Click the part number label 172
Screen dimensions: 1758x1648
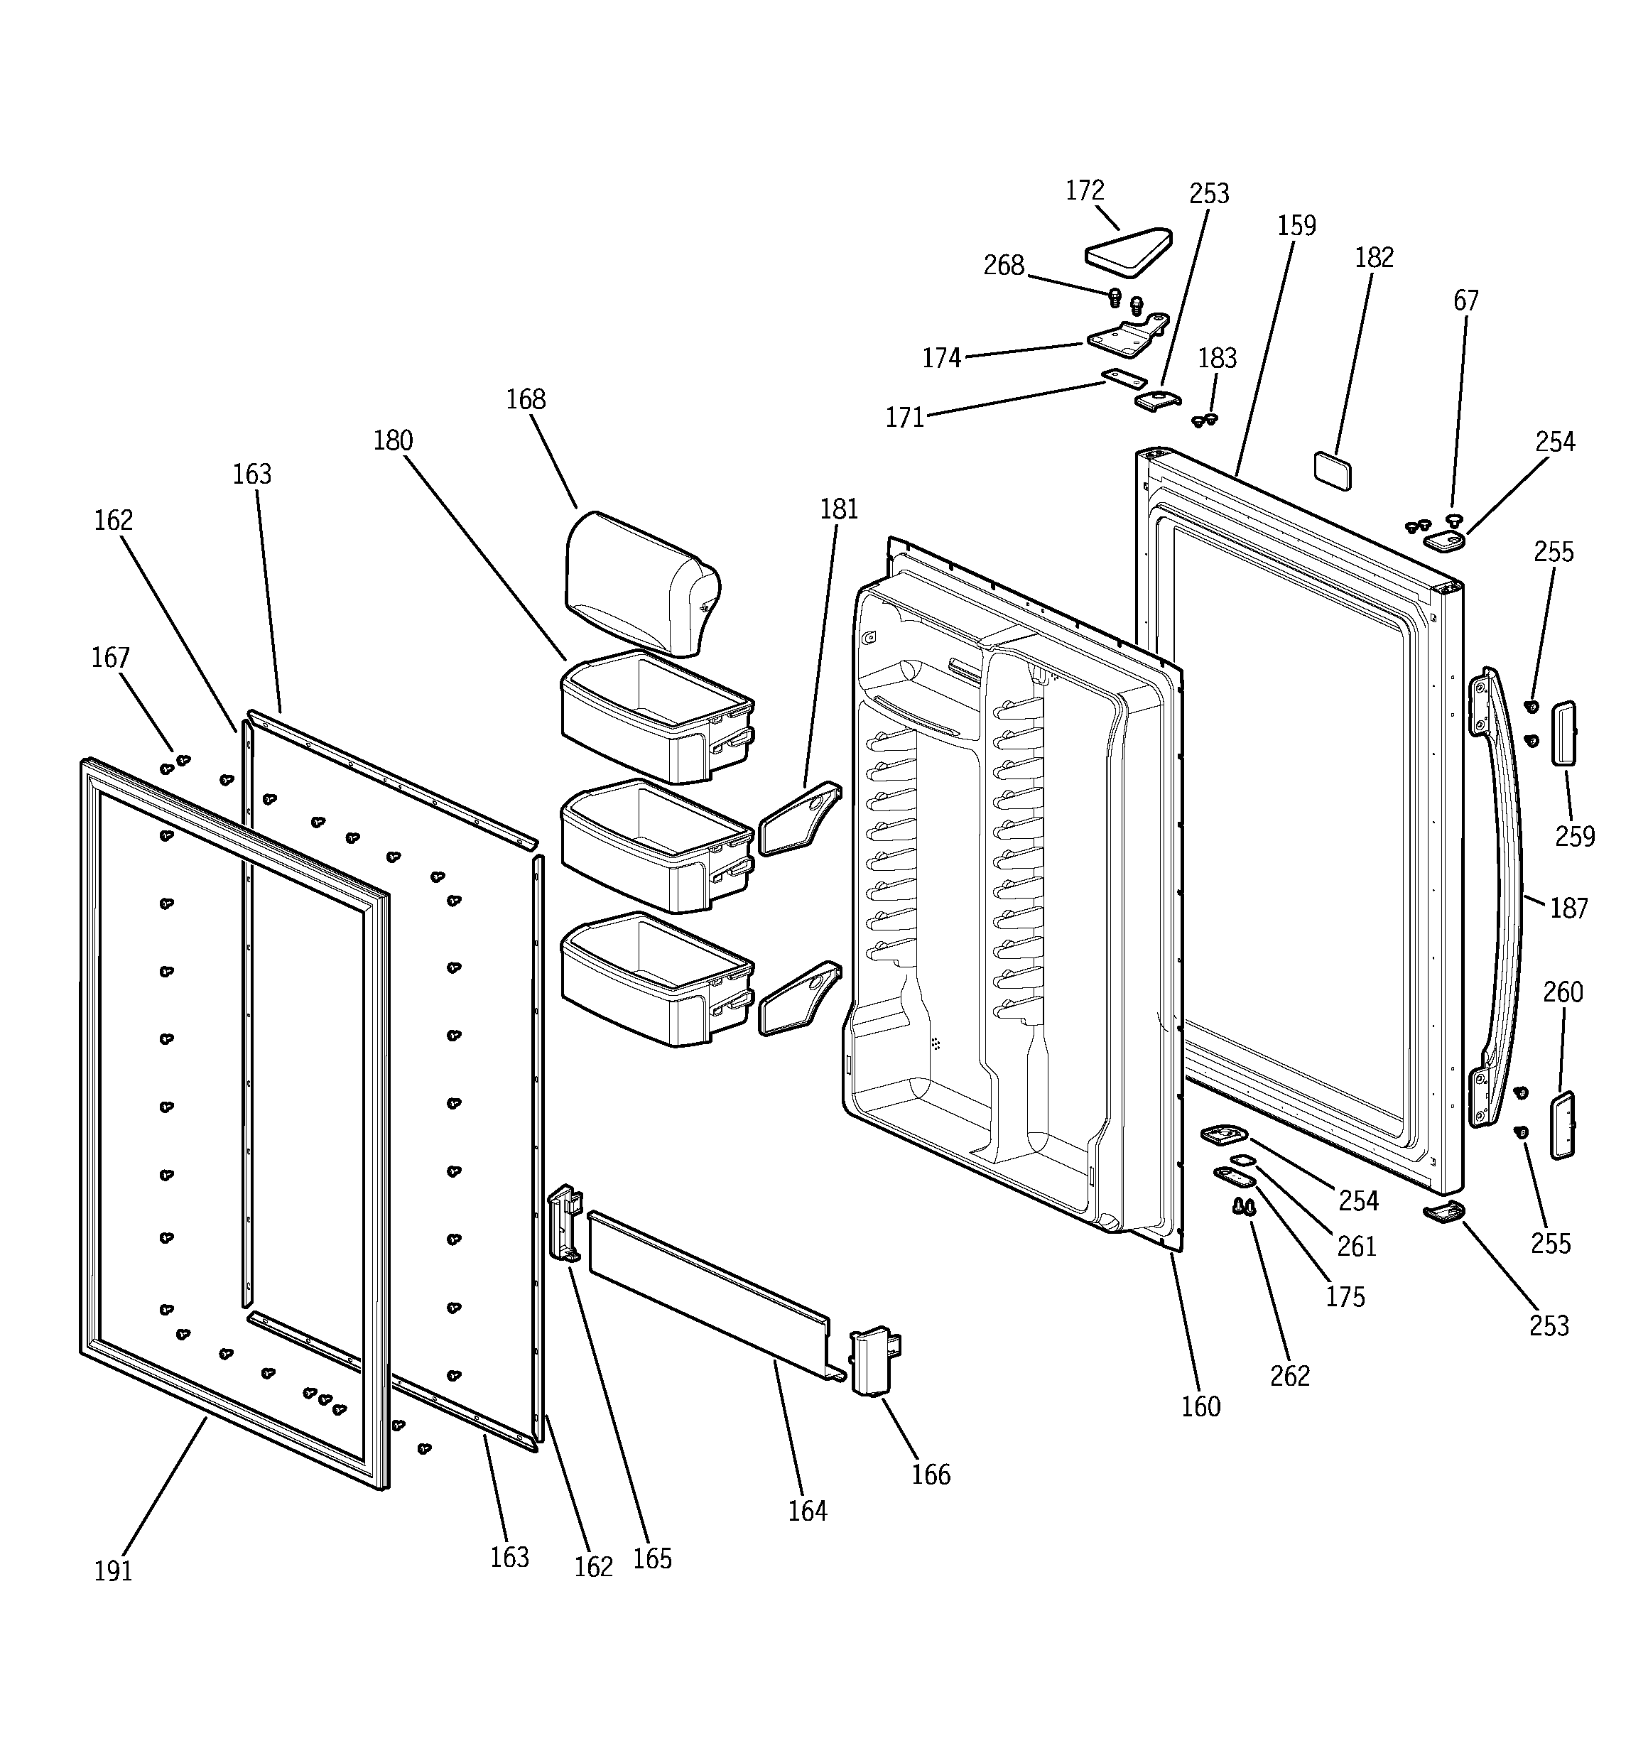[x=1085, y=191]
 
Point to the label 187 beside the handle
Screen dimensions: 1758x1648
[x=1568, y=908]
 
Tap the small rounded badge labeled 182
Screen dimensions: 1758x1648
[x=1332, y=470]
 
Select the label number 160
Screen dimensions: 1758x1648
[x=1200, y=1406]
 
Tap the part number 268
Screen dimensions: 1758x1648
[x=1003, y=265]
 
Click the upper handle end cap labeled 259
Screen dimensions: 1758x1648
[x=1563, y=733]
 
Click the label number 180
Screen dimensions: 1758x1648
[x=393, y=440]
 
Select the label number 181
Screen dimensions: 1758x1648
[x=839, y=509]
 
